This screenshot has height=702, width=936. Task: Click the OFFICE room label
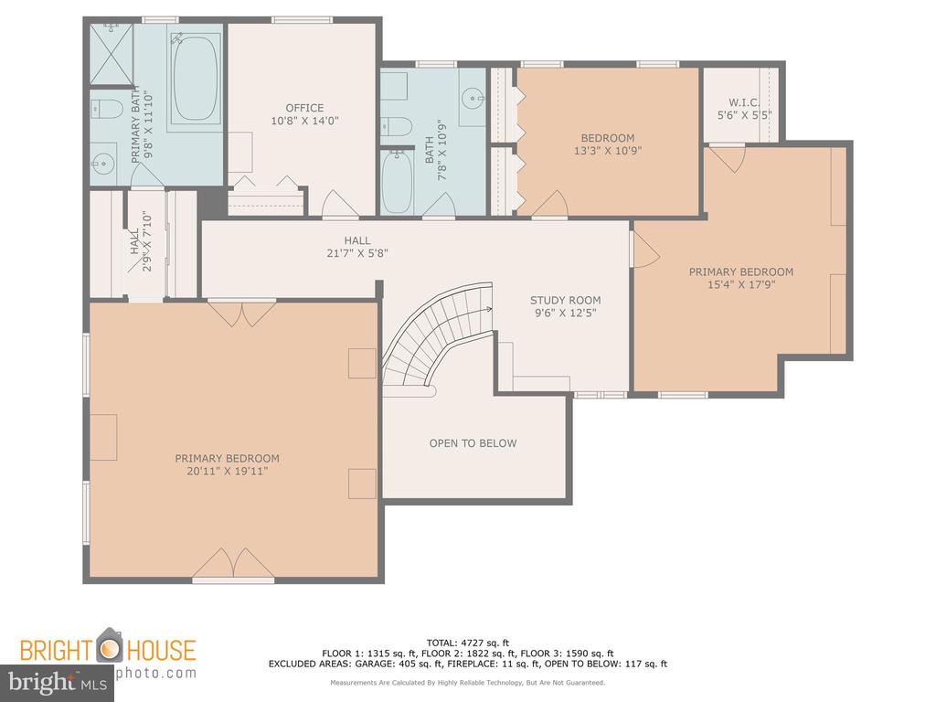(x=304, y=108)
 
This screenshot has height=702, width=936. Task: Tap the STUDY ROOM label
(x=565, y=300)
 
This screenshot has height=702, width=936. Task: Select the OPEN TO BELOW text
(x=473, y=443)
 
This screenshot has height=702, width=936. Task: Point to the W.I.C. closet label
(x=744, y=102)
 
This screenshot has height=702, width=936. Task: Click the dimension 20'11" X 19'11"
(x=227, y=472)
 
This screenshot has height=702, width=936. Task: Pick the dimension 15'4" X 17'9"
(x=740, y=285)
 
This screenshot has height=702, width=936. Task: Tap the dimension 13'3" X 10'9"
(x=608, y=151)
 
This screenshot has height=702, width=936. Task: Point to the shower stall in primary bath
(x=111, y=54)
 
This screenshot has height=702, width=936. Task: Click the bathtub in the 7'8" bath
(x=397, y=182)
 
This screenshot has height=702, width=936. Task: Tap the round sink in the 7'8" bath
(x=473, y=97)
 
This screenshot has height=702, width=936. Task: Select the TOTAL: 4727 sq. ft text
(x=467, y=643)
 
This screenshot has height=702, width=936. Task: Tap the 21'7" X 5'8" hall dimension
(x=357, y=253)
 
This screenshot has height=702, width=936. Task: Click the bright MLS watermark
(x=58, y=682)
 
